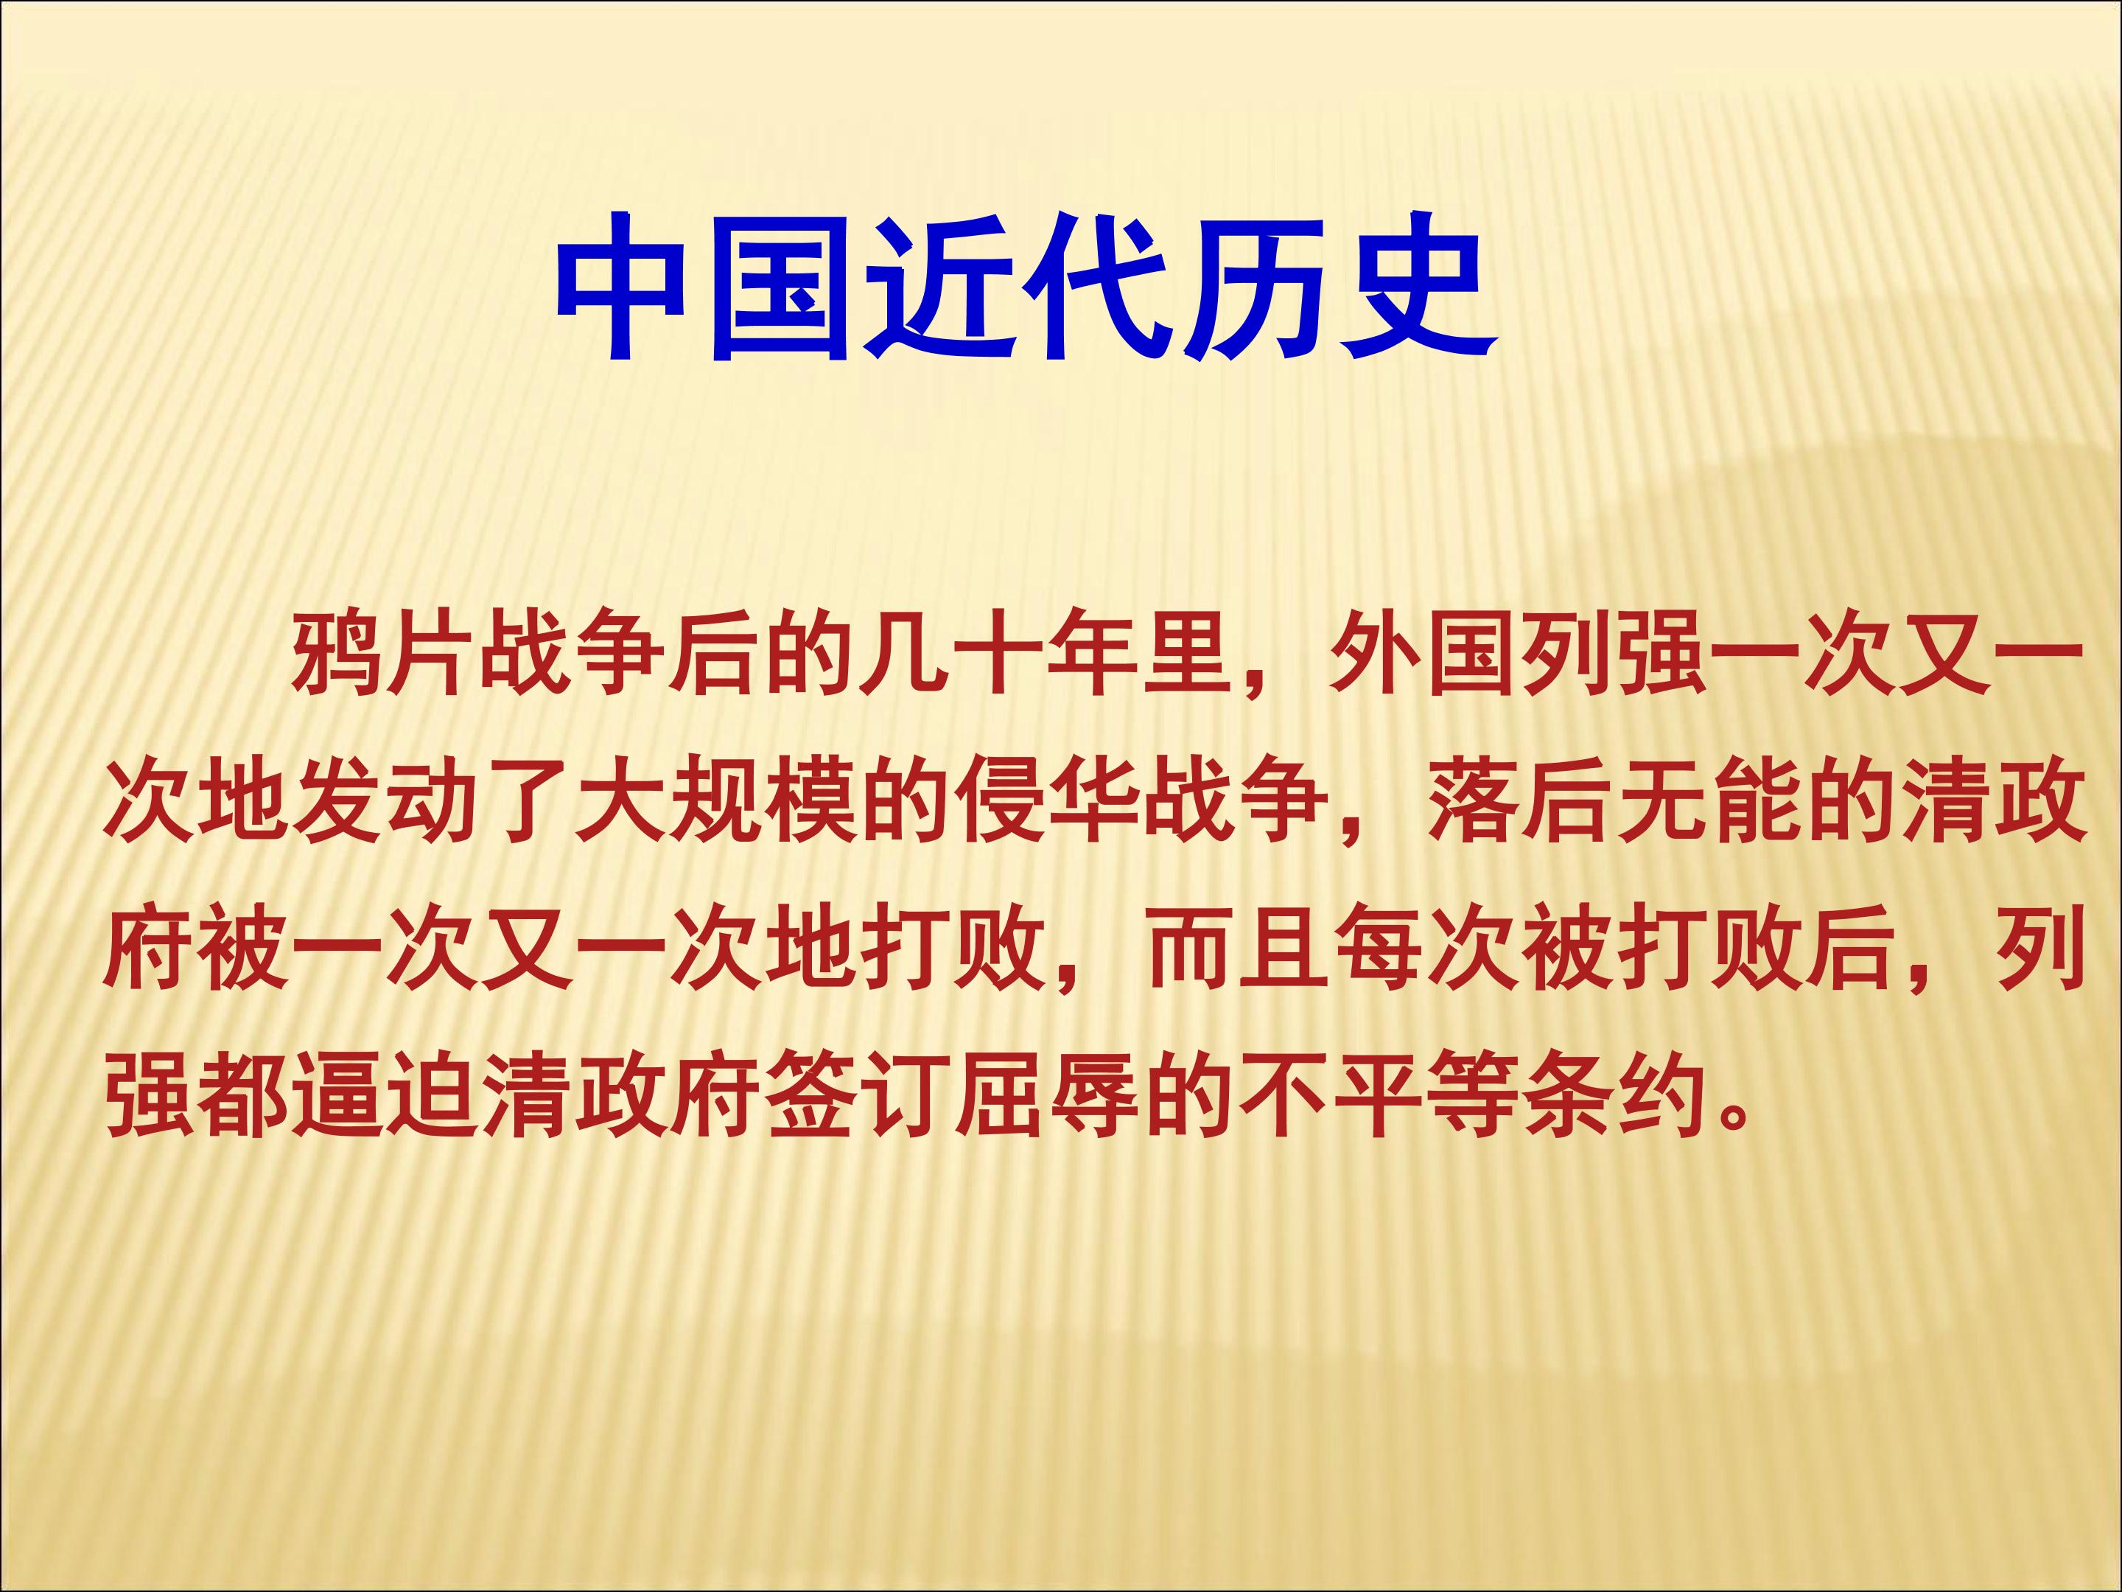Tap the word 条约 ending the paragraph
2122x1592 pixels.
[x=1611, y=1096]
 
